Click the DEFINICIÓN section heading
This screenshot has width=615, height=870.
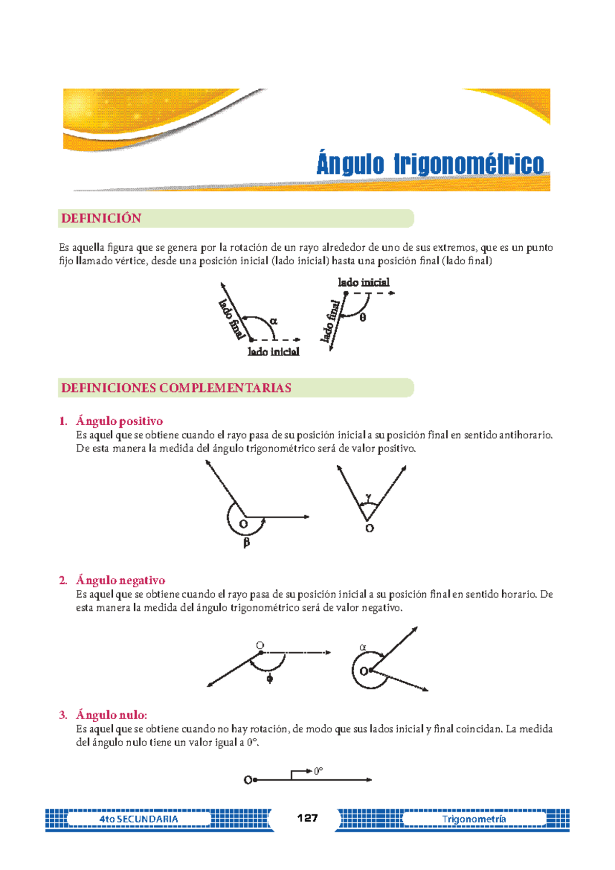point(101,219)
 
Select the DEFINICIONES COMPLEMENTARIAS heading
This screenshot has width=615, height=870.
point(176,388)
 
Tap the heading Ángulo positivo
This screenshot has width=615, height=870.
point(119,421)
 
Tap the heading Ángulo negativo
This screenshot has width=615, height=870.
point(120,581)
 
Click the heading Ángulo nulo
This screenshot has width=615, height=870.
point(111,715)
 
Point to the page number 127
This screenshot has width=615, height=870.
point(307,818)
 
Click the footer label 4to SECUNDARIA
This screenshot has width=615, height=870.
point(139,819)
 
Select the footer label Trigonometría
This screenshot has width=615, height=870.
point(474,819)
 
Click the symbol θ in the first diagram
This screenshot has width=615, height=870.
point(363,318)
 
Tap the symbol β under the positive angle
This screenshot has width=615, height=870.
point(247,542)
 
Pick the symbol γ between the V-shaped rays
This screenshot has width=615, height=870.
point(368,497)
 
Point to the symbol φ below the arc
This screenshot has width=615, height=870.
point(270,679)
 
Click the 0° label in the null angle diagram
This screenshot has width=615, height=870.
point(318,771)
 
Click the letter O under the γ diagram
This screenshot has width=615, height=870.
point(370,528)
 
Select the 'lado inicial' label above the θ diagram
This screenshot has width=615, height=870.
point(363,283)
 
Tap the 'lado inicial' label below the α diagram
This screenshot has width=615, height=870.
point(273,352)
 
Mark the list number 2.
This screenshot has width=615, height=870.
point(63,581)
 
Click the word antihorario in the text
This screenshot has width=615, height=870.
point(525,435)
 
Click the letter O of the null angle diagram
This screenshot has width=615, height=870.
point(248,780)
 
